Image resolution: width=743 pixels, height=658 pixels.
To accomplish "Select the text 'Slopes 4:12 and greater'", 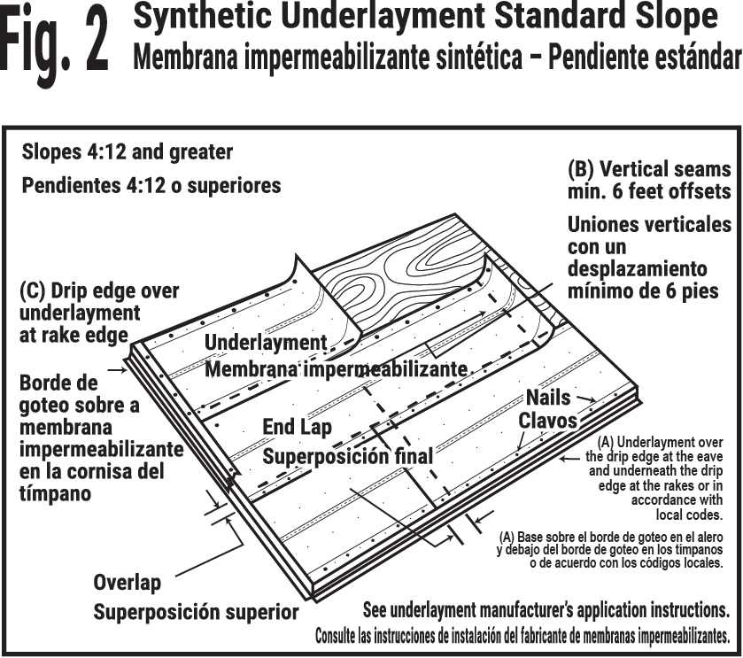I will (127, 151).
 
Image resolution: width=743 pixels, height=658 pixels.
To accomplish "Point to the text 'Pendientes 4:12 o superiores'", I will (151, 186).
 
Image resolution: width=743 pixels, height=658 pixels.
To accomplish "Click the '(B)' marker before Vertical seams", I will (584, 169).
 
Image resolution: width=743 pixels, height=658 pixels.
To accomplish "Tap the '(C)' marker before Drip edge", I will (33, 290).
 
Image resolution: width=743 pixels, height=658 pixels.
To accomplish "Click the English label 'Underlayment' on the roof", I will (266, 343).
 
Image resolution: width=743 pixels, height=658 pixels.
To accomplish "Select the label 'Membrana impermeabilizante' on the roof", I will (336, 368).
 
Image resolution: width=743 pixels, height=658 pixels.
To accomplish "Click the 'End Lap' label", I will (297, 427).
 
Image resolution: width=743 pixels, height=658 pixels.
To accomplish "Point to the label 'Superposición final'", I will (347, 456).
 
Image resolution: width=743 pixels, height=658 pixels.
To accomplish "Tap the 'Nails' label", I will (548, 398).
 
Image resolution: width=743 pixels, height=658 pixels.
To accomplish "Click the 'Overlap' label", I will (127, 582).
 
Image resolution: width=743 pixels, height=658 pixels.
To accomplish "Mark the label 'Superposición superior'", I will (196, 612).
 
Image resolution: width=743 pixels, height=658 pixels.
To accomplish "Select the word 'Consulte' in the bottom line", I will (341, 636).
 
